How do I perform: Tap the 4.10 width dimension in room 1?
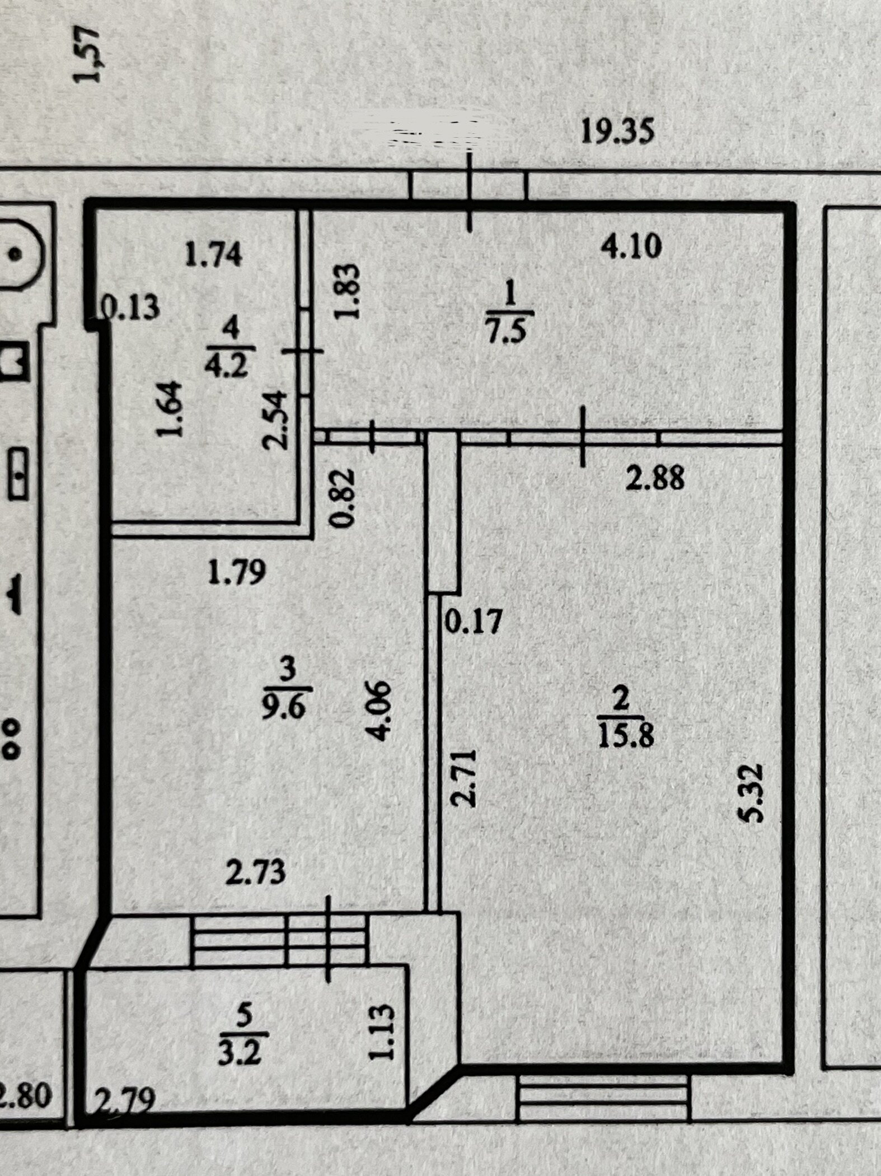coord(631,247)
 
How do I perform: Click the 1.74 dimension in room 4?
coord(214,255)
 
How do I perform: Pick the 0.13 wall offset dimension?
coord(132,308)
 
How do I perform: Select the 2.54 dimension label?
coord(275,421)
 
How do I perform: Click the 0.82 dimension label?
coord(342,498)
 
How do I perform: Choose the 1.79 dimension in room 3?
coord(236,573)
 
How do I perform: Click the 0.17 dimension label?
coord(472,621)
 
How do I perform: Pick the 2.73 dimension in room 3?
coord(255,872)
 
